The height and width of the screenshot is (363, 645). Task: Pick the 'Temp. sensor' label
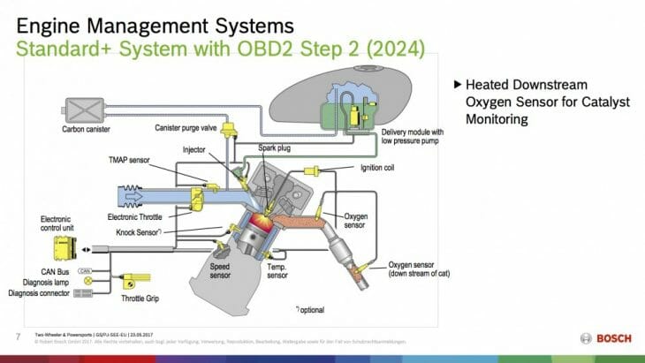[277, 269]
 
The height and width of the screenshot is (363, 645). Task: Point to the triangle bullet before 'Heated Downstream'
[457, 85]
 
